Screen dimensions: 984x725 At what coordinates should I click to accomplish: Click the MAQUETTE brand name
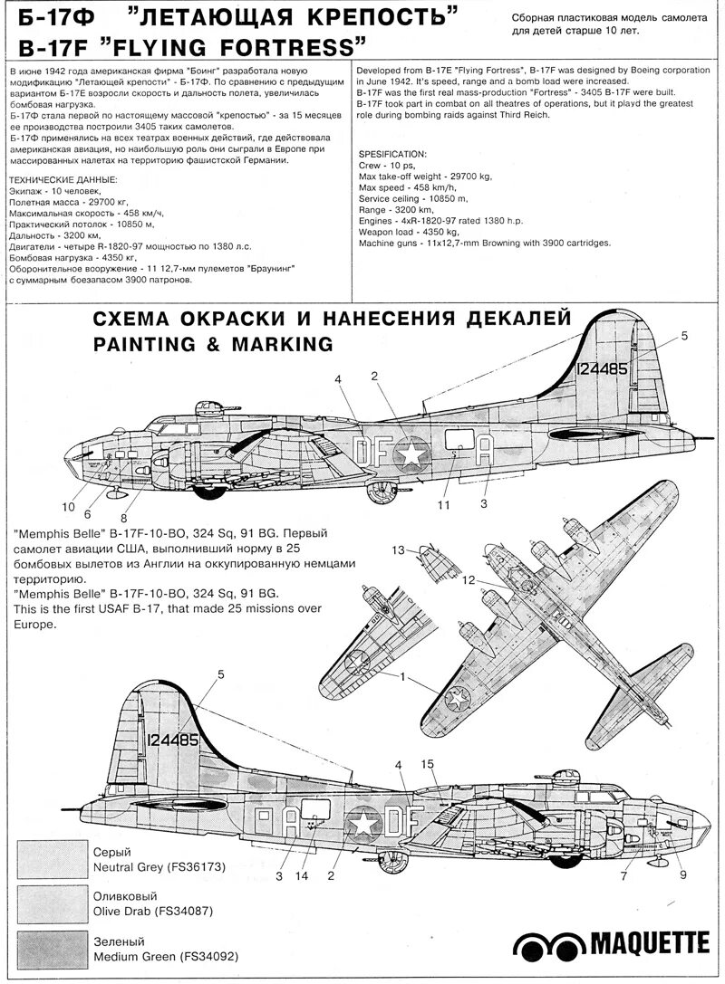(x=650, y=945)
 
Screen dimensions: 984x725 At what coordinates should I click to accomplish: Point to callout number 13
(x=398, y=549)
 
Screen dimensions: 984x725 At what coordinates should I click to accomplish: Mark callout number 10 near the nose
(x=68, y=506)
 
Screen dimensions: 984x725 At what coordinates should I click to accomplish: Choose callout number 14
(x=302, y=875)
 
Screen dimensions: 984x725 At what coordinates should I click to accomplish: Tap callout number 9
(x=682, y=874)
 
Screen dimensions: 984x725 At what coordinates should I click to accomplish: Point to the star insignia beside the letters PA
(x=363, y=822)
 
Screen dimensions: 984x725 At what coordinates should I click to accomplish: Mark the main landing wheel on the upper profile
(x=377, y=492)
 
